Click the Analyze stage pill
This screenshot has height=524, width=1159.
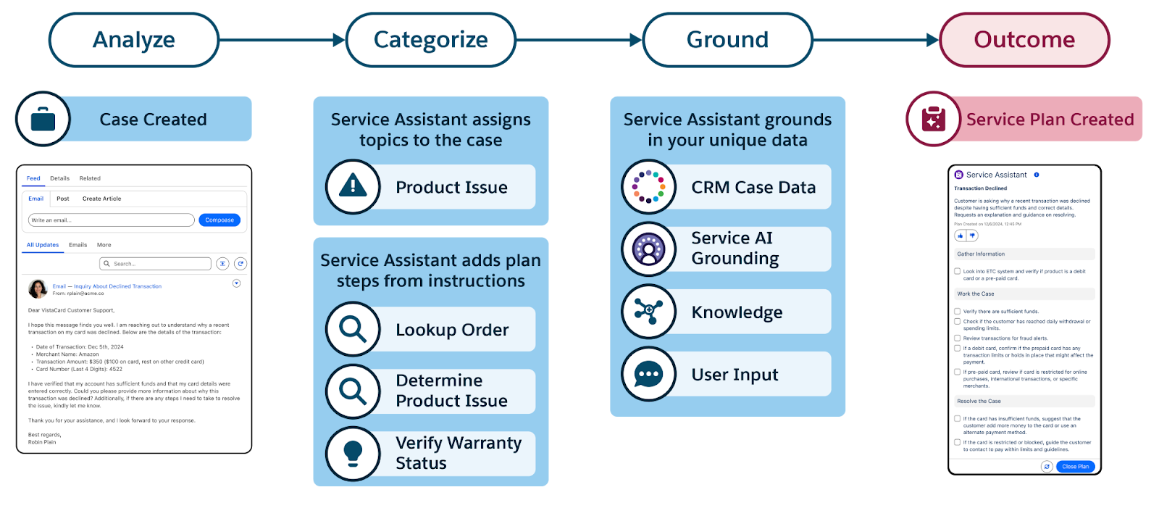click(x=134, y=40)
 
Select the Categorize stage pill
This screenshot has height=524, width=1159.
click(x=430, y=40)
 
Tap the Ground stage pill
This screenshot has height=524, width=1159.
click(x=727, y=40)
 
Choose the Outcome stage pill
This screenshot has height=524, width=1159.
click(x=1024, y=40)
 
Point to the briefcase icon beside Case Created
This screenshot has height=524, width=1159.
click(x=43, y=119)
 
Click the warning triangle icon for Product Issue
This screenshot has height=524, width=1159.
click(x=353, y=187)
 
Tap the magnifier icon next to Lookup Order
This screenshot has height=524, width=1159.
click(x=353, y=329)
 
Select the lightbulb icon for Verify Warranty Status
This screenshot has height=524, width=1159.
click(x=353, y=453)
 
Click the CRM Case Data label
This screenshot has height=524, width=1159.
click(x=753, y=188)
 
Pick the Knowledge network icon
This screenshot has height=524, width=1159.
click(x=649, y=312)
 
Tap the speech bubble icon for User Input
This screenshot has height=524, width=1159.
click(x=649, y=374)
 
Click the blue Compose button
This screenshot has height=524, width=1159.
click(x=219, y=220)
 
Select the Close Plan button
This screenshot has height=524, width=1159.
click(x=1075, y=467)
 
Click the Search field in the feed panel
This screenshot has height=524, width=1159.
click(x=155, y=264)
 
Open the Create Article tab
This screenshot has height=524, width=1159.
click(x=101, y=199)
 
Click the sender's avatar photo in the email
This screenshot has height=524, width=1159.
click(x=38, y=288)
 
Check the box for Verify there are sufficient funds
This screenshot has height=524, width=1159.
click(x=957, y=311)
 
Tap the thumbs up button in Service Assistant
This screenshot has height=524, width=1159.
click(x=960, y=236)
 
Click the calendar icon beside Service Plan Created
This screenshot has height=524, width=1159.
click(x=934, y=119)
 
